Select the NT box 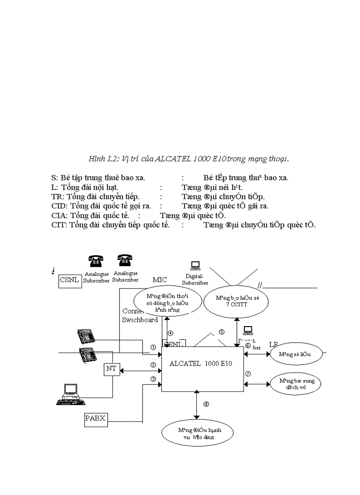coord(111,368)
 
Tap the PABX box coord(95,418)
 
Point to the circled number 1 coord(153,347)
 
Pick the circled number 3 coord(153,379)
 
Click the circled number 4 coord(171,333)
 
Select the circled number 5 coord(222,332)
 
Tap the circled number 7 coord(248,374)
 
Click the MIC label coord(159,280)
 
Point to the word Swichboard coord(140,320)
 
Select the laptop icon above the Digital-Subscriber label coord(195,265)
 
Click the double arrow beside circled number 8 coord(197,405)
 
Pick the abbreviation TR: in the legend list coord(58,197)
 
